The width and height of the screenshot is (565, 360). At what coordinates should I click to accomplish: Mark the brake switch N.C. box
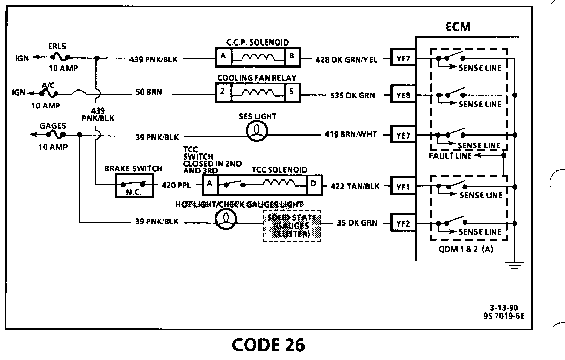click(133, 186)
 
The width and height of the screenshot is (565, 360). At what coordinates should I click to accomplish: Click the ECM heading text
click(458, 27)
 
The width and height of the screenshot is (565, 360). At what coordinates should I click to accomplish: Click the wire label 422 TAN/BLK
click(355, 187)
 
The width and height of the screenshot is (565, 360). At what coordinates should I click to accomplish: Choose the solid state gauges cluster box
click(292, 225)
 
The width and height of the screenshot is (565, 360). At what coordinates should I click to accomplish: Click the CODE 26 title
click(268, 345)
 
